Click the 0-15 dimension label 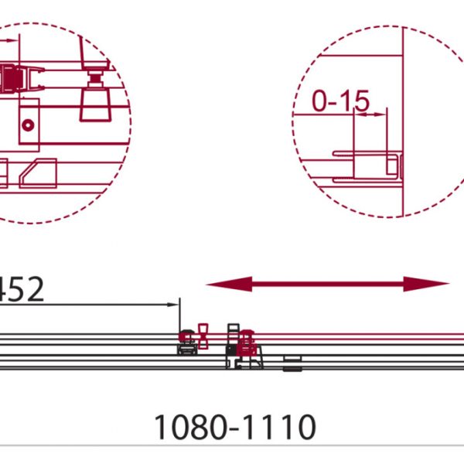tap(340, 101)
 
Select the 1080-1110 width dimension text tap(235, 427)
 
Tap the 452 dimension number tap(22, 289)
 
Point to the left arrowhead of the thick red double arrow tap(229, 285)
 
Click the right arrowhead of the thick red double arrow tap(426, 284)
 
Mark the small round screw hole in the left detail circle tap(28, 125)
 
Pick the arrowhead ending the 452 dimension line tap(172, 305)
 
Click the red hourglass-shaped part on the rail tap(203, 336)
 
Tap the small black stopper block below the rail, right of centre tap(292, 363)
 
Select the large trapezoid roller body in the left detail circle tap(95, 106)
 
